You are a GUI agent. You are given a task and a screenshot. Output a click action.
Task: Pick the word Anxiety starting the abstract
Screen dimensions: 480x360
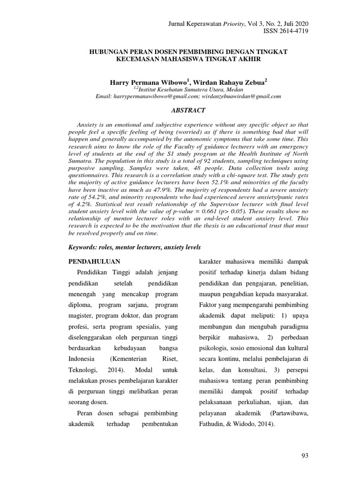87,126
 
